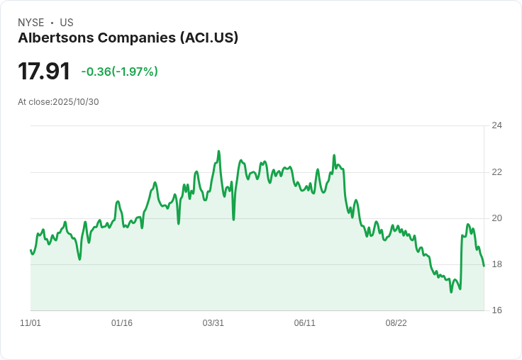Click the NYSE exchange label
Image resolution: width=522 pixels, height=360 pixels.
(30, 23)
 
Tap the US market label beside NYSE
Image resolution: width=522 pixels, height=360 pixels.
(67, 23)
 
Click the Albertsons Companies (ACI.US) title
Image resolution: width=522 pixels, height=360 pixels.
(128, 38)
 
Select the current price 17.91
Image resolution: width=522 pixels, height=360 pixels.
(44, 72)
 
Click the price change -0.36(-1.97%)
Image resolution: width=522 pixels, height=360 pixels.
(119, 72)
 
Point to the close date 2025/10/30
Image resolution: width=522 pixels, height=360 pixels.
(76, 102)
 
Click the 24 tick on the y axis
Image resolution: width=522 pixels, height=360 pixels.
(496, 126)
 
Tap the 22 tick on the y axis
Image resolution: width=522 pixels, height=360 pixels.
(496, 172)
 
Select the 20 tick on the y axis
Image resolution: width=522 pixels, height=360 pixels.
(496, 218)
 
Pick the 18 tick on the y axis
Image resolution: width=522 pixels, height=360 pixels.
(496, 264)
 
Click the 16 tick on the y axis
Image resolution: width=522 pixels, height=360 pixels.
(496, 310)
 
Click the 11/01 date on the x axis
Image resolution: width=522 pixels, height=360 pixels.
(30, 323)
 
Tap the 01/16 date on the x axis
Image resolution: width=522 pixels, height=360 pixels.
(122, 323)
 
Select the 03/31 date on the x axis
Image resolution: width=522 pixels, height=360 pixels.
(213, 323)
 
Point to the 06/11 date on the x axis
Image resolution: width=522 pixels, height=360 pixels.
(304, 323)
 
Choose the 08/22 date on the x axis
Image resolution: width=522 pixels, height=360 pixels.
(396, 323)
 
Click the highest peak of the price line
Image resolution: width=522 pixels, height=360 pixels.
(218, 151)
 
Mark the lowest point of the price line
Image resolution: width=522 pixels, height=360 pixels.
(451, 292)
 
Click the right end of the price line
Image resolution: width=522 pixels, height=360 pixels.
(484, 266)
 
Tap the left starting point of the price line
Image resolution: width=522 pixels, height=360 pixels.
(30, 249)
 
